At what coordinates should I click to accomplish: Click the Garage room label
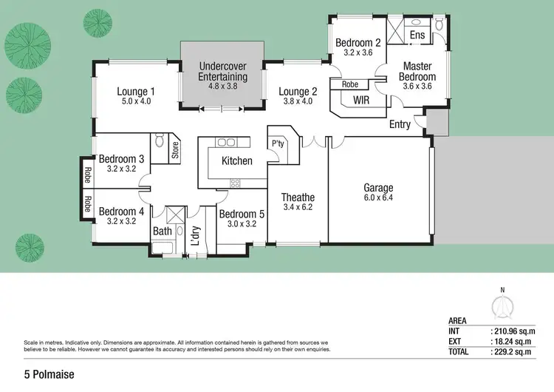click(x=378, y=188)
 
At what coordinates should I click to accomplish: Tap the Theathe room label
click(x=298, y=197)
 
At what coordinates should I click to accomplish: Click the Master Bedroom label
click(x=417, y=71)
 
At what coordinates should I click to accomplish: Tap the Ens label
click(x=417, y=35)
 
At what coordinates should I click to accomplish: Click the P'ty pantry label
click(x=278, y=143)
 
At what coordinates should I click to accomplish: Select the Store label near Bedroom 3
click(x=175, y=151)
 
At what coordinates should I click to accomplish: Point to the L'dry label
click(x=196, y=234)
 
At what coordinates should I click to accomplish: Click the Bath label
click(x=163, y=232)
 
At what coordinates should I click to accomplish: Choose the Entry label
click(x=400, y=124)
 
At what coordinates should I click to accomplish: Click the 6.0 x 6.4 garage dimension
click(x=378, y=198)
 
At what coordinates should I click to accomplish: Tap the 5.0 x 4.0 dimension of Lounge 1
click(x=134, y=101)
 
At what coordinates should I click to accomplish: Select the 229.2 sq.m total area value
click(x=514, y=352)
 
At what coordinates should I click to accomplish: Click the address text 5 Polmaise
click(x=49, y=375)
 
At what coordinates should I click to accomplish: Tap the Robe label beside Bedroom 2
click(x=350, y=85)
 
